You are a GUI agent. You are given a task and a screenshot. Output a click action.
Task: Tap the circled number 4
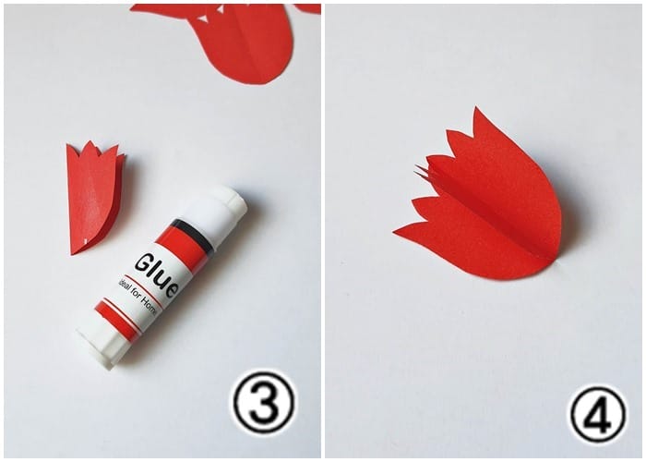[597, 414]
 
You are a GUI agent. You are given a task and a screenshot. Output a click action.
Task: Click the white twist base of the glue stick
[101, 346]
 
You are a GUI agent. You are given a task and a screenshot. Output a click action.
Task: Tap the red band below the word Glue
[118, 320]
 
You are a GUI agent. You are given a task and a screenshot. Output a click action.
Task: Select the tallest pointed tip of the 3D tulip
[476, 115]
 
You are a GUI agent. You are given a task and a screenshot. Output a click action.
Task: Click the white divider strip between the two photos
[323, 231]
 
